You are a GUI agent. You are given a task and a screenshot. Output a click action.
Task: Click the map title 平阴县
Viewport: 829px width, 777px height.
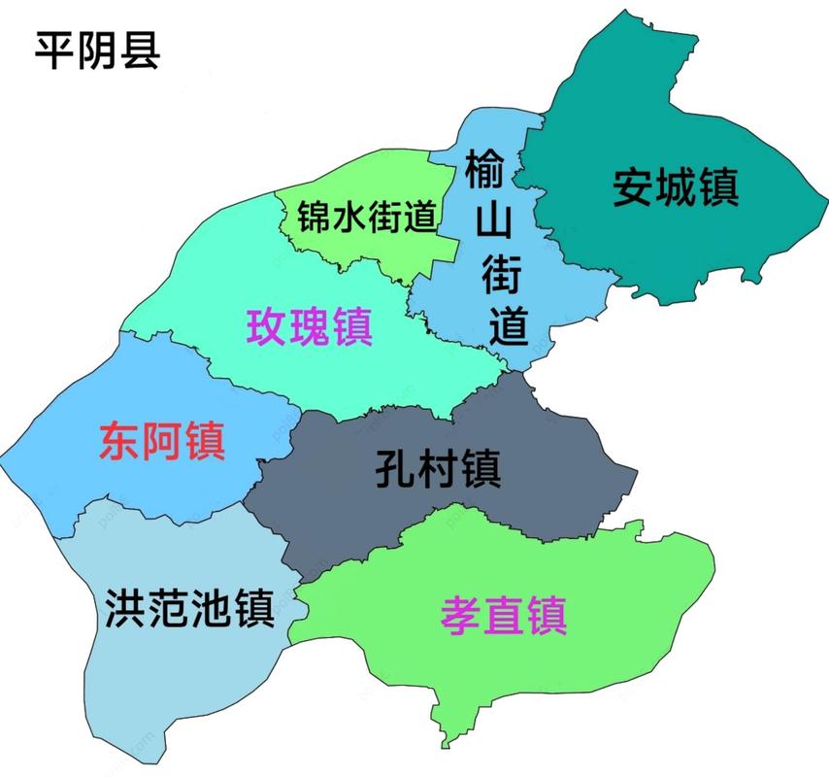coord(98,51)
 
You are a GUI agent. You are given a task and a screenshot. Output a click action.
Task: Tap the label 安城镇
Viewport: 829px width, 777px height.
coord(676,186)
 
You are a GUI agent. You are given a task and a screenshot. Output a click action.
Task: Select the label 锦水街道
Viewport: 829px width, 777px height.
coord(367,219)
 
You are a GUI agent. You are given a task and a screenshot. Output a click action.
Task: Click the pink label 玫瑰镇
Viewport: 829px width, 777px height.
coord(310,326)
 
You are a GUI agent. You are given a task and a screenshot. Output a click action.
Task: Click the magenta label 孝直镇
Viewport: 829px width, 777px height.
coord(504,615)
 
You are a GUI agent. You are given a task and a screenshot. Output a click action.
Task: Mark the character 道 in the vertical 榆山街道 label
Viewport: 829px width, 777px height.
coord(507,328)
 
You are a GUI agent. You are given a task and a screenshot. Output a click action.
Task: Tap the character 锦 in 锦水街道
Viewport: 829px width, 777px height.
coord(315,219)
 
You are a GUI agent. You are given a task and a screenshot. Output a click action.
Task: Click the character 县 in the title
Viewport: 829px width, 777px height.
coord(141,51)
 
